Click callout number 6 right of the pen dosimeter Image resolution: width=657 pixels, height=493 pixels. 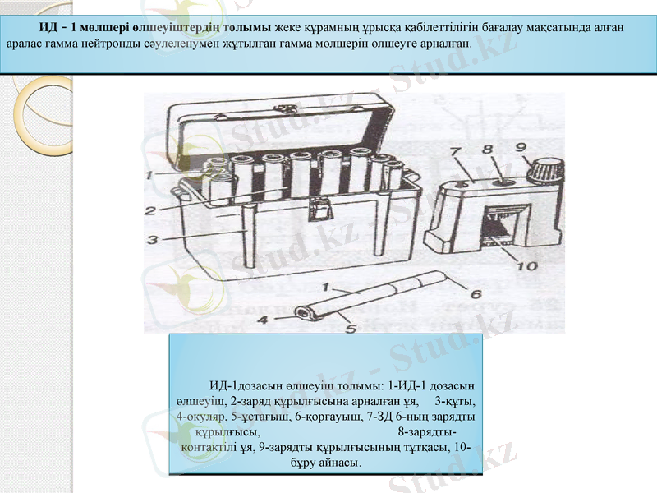tap(475, 294)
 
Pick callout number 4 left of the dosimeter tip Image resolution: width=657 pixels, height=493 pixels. tap(264, 320)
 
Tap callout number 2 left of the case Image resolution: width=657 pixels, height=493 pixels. tap(150, 210)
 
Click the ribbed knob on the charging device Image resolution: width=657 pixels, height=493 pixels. tap(544, 172)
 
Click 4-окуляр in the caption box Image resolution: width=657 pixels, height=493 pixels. tap(203, 417)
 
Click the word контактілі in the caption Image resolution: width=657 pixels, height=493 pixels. tap(209, 448)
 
